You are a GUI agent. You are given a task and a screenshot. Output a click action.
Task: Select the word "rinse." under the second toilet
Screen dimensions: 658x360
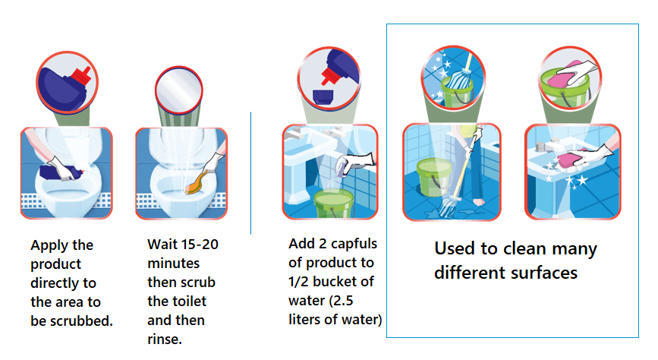point(165,339)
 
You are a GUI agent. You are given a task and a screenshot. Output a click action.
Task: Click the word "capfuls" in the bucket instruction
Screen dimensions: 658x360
point(354,244)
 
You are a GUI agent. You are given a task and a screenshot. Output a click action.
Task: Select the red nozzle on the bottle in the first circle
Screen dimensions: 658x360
point(81,76)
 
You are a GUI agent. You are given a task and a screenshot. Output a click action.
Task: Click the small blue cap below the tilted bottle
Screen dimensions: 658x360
point(323,96)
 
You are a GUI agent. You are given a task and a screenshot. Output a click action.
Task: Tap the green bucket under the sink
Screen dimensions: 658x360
point(333,203)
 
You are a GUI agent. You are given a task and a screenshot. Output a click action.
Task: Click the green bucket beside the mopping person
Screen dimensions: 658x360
point(432,177)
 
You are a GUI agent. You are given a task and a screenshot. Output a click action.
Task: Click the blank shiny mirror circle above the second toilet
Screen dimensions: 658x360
point(179,90)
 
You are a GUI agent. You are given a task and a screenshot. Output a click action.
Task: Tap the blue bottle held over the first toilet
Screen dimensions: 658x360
point(61,172)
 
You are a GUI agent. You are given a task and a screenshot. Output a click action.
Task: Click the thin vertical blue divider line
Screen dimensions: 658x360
point(251,173)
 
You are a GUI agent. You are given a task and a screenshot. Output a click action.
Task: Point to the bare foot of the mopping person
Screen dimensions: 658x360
point(478,202)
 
